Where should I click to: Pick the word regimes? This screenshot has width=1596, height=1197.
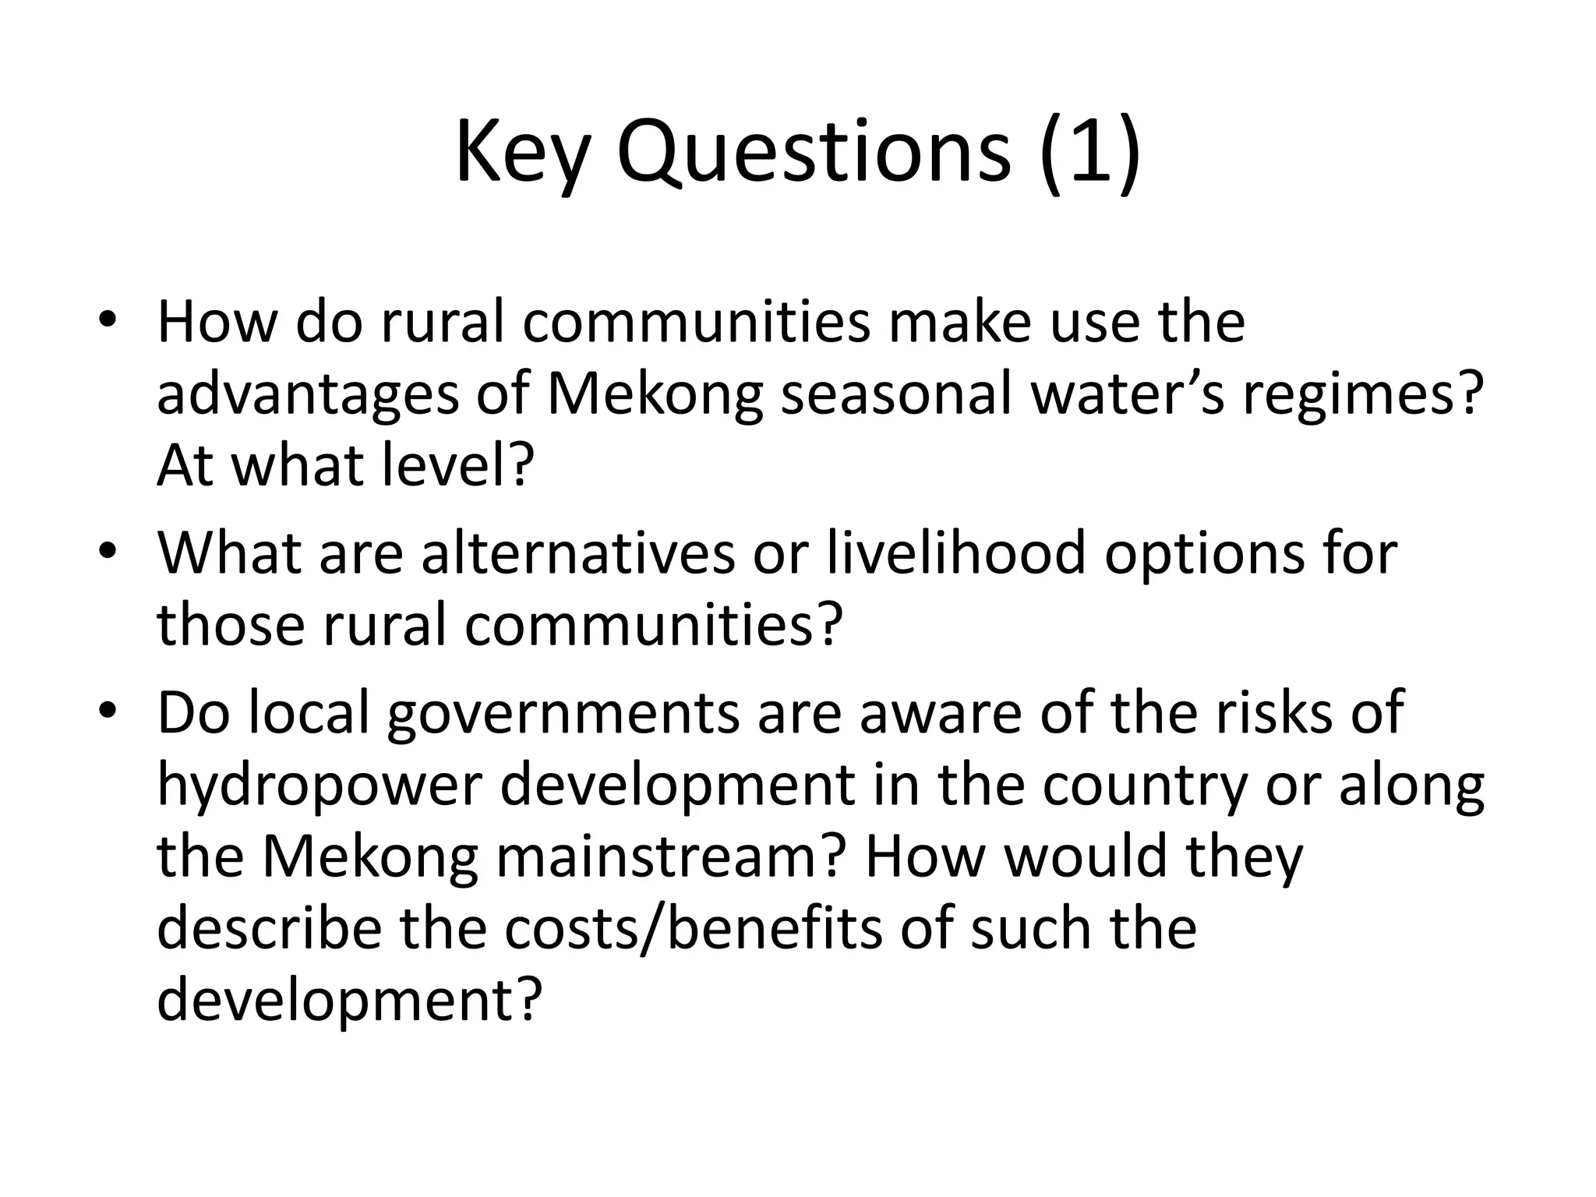[x=1359, y=394]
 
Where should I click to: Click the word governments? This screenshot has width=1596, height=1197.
[x=563, y=714]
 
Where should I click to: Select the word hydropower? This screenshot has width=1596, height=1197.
[x=320, y=786]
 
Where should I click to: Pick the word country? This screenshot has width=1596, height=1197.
[x=1145, y=786]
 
